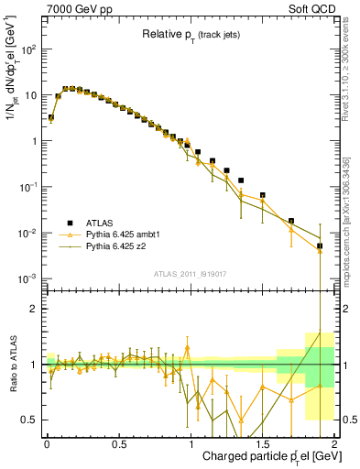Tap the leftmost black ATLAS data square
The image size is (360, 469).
(51, 117)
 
